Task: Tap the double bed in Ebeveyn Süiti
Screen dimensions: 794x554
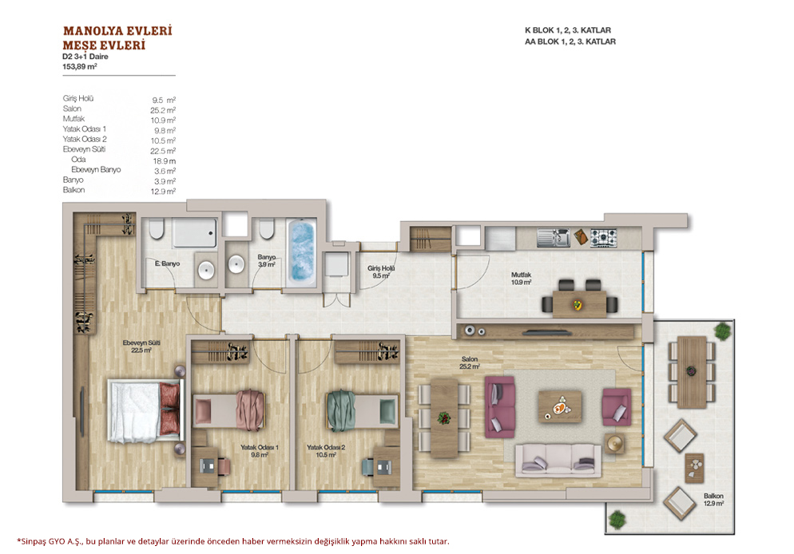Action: point(145,412)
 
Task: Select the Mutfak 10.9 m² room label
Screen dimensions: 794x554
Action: point(521,279)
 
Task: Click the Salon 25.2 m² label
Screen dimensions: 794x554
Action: point(470,362)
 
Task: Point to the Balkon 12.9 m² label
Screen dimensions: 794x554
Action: point(713,500)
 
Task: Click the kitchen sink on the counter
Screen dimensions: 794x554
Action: point(554,237)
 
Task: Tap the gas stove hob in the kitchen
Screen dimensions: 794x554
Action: point(604,237)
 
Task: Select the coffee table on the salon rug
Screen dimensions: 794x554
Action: point(559,406)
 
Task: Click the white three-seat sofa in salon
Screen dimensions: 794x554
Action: point(558,461)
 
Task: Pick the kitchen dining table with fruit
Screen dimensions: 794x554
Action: point(579,303)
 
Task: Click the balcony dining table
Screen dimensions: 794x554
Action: point(692,372)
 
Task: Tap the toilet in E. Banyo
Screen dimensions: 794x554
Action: point(157,228)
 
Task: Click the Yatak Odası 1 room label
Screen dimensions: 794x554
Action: point(260,451)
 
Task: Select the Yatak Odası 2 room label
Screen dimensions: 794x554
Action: point(326,451)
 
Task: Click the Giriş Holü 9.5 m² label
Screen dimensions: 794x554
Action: point(381,271)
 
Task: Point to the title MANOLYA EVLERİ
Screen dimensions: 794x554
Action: point(117,31)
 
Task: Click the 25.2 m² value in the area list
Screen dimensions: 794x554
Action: point(162,110)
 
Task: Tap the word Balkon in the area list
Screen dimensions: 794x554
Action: point(74,190)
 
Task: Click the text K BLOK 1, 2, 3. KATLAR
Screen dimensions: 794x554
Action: point(568,30)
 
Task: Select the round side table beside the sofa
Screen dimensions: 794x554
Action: point(614,443)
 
